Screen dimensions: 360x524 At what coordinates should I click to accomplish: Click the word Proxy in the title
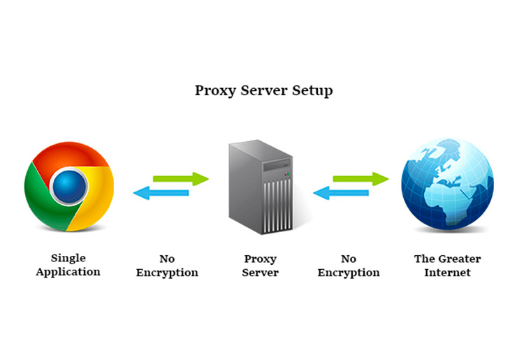point(212,91)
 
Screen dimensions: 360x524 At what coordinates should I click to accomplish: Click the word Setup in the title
point(314,91)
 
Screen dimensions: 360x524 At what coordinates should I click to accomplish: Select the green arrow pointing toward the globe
point(361,178)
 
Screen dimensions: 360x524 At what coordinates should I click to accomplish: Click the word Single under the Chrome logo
point(68,258)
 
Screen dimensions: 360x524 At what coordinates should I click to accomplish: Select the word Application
point(68,272)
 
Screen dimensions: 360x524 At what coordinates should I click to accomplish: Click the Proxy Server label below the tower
point(260,266)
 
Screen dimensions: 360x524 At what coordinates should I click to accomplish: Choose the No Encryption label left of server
point(167,266)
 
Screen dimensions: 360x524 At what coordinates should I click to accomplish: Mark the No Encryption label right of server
point(349,266)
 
